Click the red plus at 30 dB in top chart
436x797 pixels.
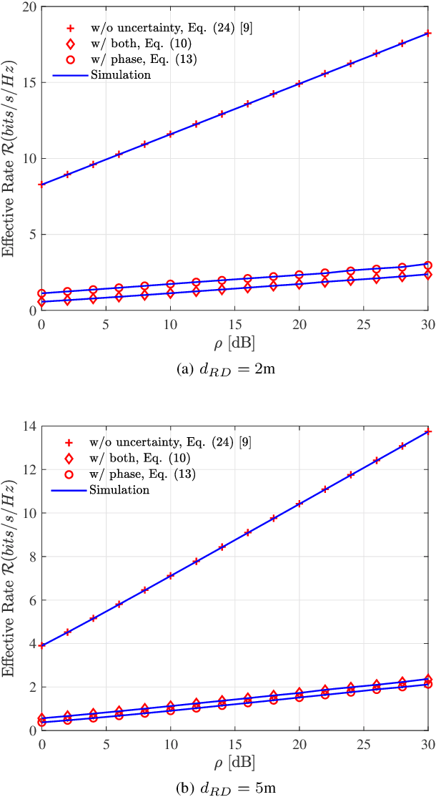[x=428, y=33]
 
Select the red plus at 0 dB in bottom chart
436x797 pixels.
[x=41, y=645]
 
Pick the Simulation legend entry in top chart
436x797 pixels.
[x=120, y=74]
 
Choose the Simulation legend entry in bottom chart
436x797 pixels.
[x=120, y=490]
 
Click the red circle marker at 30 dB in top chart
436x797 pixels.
[x=428, y=265]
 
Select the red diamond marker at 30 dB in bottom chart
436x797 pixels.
[x=428, y=679]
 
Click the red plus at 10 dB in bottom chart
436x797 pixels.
[x=170, y=576]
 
